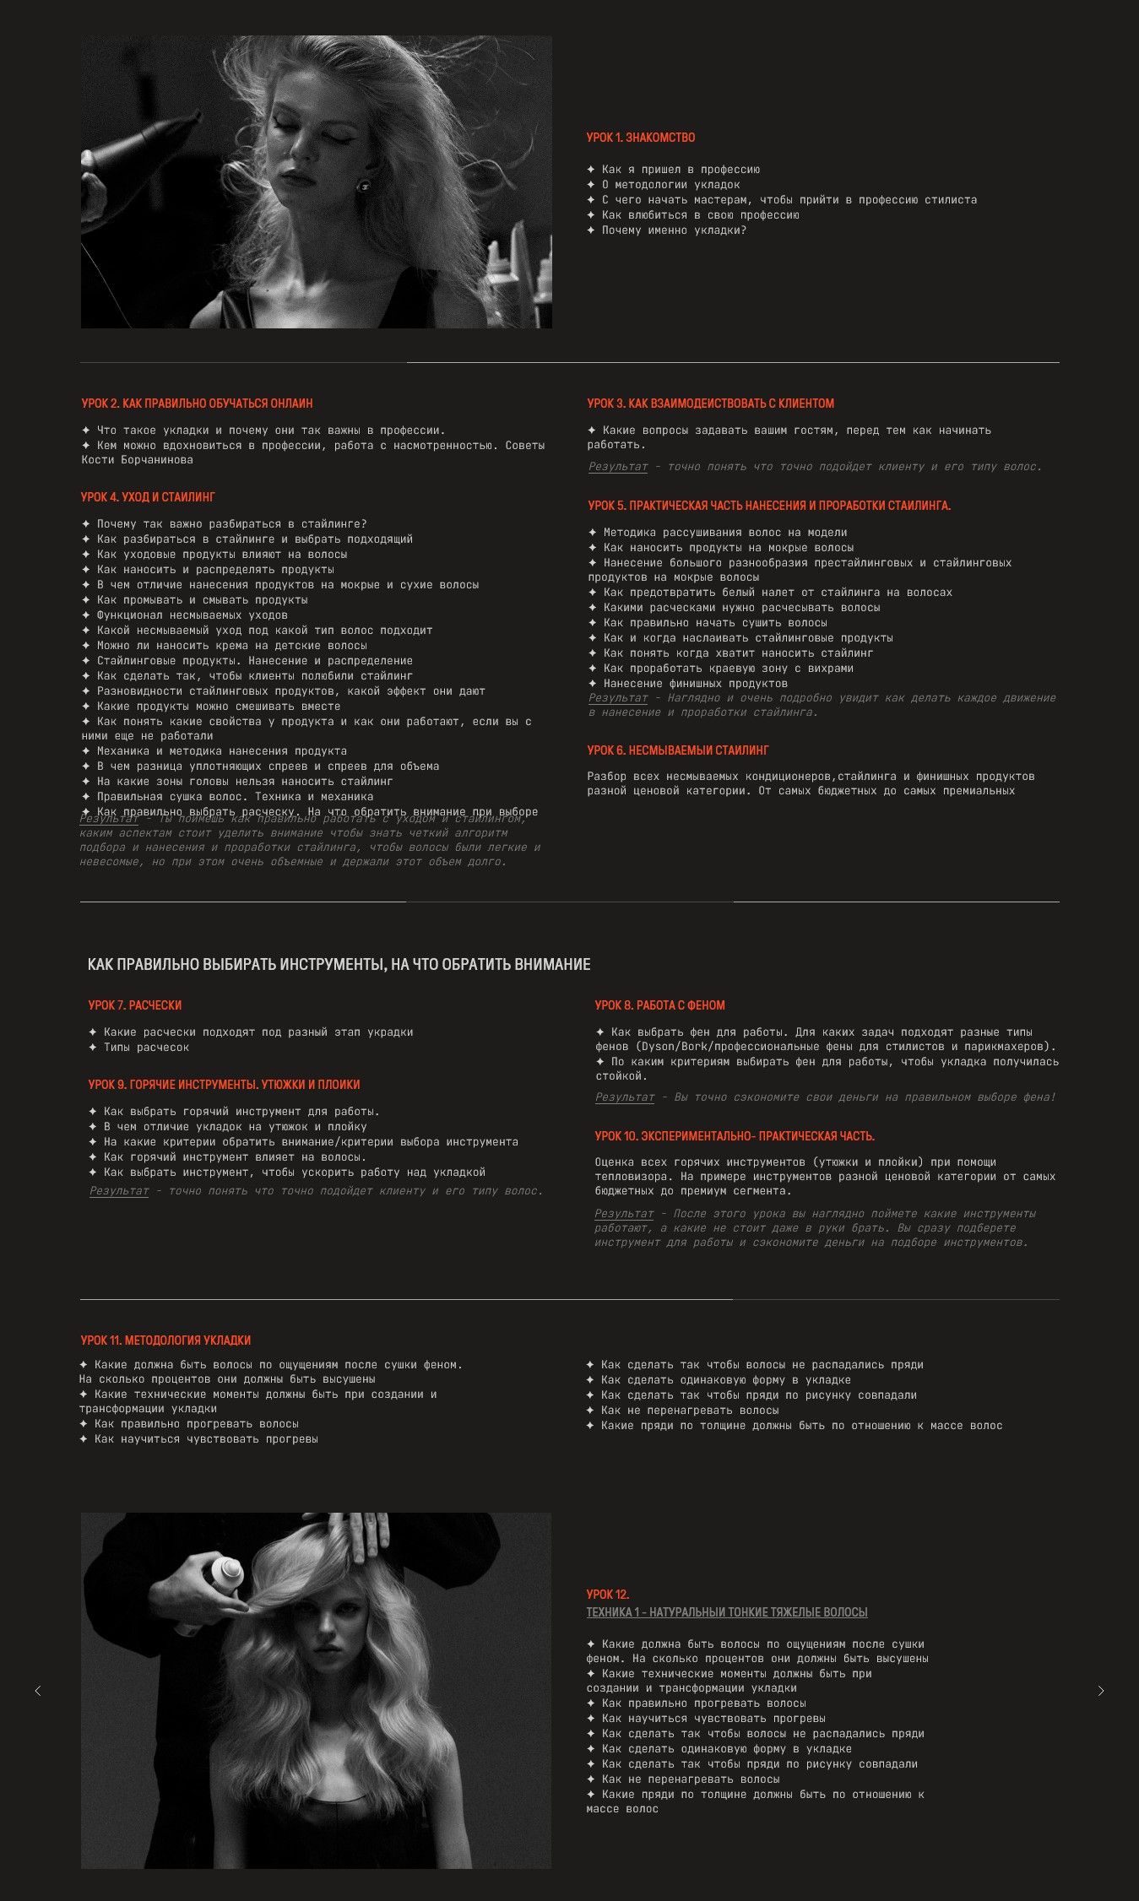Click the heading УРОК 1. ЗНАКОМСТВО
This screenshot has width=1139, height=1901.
(641, 138)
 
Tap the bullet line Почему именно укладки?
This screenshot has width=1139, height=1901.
(674, 230)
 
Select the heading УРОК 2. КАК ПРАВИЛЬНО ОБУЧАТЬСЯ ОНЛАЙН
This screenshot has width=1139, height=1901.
(197, 403)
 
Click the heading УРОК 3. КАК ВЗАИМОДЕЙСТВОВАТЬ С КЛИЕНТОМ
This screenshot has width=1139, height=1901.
(711, 403)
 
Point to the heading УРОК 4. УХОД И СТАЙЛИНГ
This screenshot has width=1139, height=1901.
(148, 497)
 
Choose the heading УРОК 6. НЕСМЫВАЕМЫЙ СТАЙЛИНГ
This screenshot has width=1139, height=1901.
(678, 750)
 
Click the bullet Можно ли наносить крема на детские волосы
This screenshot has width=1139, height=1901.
(231, 646)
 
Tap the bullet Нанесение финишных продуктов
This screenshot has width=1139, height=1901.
(695, 684)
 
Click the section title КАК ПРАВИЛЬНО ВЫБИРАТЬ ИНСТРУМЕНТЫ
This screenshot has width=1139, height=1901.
(339, 964)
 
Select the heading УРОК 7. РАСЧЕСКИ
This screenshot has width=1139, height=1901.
(135, 1005)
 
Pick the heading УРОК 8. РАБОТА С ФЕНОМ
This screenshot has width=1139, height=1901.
(659, 1005)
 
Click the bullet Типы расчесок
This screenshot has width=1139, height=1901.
(146, 1048)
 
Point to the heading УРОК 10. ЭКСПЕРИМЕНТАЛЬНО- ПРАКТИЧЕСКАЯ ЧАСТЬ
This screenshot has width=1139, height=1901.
(735, 1136)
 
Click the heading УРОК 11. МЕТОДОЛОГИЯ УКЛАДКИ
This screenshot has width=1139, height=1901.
(165, 1340)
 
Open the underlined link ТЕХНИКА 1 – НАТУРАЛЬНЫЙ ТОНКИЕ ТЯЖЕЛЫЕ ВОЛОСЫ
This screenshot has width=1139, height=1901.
(727, 1612)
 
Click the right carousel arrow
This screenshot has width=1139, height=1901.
(1100, 1691)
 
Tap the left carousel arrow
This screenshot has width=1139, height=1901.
(38, 1691)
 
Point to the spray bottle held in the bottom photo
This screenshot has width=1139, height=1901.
(226, 1573)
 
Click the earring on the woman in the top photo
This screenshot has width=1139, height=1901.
(364, 185)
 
